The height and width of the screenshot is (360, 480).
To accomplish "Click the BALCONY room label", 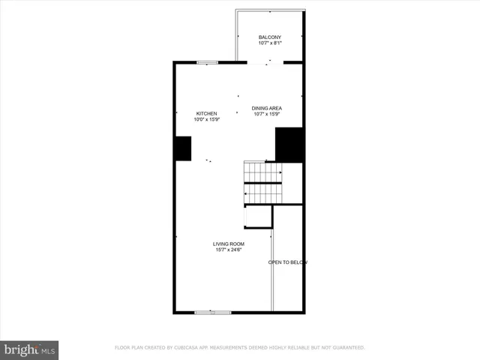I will tap(270, 37).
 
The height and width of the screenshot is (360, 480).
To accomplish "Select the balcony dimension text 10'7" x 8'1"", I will tap(270, 43).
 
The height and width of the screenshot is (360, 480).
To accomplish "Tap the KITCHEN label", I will tap(207, 113).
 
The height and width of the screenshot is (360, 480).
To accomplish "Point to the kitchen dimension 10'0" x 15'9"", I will tap(207, 119).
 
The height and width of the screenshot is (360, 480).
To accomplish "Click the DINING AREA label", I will tap(266, 109).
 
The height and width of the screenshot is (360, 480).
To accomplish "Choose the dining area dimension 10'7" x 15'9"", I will tap(266, 115).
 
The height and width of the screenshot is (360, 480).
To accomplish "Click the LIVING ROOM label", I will tap(229, 243).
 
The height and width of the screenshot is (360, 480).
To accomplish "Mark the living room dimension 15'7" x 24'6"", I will tap(229, 249).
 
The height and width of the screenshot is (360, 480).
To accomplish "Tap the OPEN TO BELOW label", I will tap(288, 262).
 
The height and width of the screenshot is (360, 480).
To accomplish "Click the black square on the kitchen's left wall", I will tap(182, 148).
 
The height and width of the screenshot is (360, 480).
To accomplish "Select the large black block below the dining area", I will tap(289, 145).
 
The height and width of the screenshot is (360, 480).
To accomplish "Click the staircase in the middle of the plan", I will tap(262, 182).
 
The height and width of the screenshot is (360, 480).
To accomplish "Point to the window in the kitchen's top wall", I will tap(208, 62).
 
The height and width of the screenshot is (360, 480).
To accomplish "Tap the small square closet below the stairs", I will tap(258, 216).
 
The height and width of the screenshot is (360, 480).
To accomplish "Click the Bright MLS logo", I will tap(30, 349).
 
